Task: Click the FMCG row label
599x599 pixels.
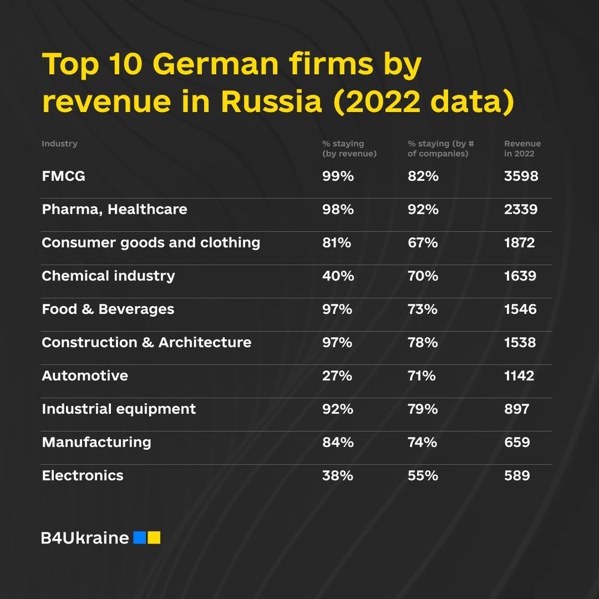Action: click(x=63, y=177)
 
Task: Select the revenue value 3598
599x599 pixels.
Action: click(x=521, y=177)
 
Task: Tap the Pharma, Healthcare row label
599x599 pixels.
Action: click(x=114, y=210)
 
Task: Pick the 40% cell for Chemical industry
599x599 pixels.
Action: click(x=338, y=276)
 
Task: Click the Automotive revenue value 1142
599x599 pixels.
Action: click(x=519, y=376)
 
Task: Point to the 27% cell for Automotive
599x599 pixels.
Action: click(x=337, y=376)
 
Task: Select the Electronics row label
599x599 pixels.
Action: click(x=83, y=476)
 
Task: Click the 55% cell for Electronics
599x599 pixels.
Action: click(x=423, y=476)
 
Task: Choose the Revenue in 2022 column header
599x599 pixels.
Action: click(x=522, y=149)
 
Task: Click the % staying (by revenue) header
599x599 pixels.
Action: click(x=349, y=149)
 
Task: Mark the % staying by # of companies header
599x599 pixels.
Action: click(x=441, y=149)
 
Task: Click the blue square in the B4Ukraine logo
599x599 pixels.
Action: click(x=140, y=537)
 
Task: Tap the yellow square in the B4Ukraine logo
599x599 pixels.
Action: click(x=154, y=537)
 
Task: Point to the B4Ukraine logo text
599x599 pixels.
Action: click(x=85, y=538)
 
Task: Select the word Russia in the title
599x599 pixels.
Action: click(x=271, y=101)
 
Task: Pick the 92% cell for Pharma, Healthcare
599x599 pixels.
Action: click(x=423, y=210)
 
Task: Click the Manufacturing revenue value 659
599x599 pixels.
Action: click(x=517, y=443)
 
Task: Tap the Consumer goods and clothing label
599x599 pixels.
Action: click(x=151, y=243)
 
